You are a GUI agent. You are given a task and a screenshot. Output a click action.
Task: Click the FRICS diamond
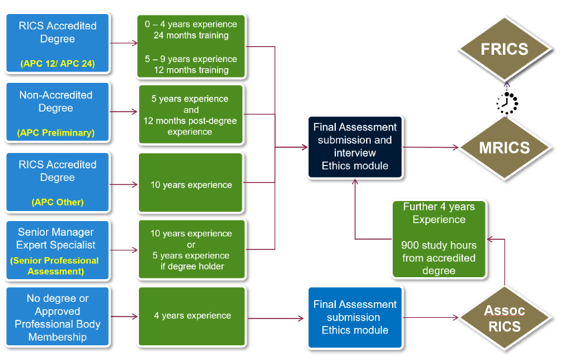coord(504,49)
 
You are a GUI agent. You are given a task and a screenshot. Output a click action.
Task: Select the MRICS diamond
coord(504,147)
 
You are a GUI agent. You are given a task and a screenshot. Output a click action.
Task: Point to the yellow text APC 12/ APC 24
coord(57,65)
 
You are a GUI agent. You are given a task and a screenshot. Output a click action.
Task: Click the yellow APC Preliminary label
coord(56,133)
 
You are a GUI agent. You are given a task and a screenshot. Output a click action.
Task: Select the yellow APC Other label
coord(57,202)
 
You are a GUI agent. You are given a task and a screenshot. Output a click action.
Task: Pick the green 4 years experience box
coord(190,315)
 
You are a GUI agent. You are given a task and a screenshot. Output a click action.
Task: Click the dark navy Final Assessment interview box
coord(355,147)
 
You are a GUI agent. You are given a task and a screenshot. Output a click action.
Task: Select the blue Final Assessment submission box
coord(355,317)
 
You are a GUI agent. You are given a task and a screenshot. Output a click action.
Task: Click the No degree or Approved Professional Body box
coord(57,317)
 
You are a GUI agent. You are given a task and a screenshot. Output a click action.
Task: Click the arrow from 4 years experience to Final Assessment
coord(274,318)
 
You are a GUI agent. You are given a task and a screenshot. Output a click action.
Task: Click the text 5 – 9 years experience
coord(190,59)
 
